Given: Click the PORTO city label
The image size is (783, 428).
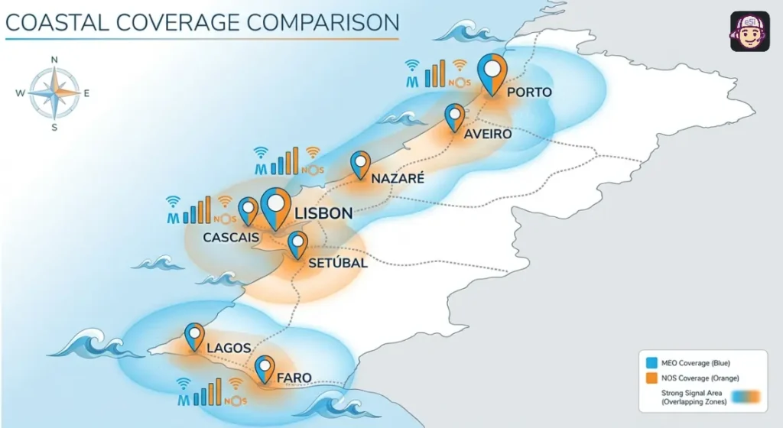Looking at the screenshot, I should (528, 92).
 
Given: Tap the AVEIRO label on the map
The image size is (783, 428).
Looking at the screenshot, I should (487, 134).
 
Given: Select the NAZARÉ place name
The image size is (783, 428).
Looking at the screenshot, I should (397, 179).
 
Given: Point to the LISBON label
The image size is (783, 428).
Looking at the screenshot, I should (322, 213).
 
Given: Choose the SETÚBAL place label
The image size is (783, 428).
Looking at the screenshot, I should (337, 264).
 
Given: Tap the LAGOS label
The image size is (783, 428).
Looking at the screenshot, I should (229, 348).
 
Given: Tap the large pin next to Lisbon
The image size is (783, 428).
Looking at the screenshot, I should (275, 207).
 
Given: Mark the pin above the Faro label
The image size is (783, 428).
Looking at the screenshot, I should (265, 369).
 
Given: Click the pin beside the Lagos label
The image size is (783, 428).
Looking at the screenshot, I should (194, 336).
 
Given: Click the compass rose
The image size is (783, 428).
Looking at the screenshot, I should (54, 93).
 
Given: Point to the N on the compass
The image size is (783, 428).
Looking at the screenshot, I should (54, 60).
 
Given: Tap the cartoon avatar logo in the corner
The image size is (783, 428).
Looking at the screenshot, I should (749, 31).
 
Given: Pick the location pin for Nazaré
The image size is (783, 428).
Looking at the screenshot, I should (360, 165).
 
